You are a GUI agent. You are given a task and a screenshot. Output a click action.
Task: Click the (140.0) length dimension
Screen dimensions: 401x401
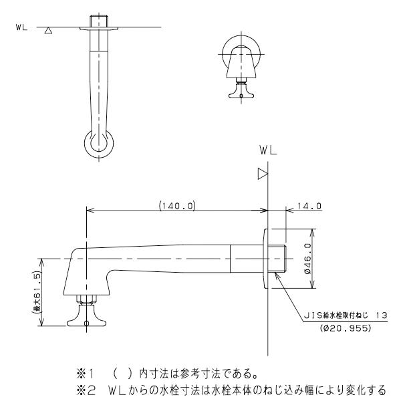click(x=176, y=205)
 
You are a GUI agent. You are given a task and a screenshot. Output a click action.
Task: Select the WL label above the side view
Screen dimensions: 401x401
click(x=268, y=152)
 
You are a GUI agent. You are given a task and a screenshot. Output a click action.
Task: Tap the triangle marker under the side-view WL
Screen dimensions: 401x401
click(x=263, y=174)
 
